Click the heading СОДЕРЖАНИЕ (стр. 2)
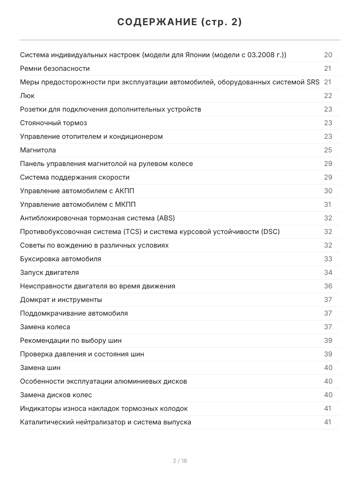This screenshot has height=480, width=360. pyautogui.click(x=180, y=22)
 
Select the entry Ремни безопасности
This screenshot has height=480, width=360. pyautogui.click(x=55, y=68)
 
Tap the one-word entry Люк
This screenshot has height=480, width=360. pyautogui.click(x=27, y=96)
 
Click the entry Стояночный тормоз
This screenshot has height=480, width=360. pyautogui.click(x=53, y=123)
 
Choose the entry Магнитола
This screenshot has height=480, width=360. pyautogui.click(x=38, y=150)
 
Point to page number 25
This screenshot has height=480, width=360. pyautogui.click(x=328, y=150)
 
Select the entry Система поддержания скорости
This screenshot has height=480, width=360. pyautogui.click(x=75, y=177)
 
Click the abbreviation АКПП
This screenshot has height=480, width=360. pyautogui.click(x=127, y=191)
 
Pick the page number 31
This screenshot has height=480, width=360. pyautogui.click(x=328, y=204)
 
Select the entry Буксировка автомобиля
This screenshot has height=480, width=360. pyautogui.click(x=60, y=259)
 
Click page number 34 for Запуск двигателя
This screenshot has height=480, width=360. pyautogui.click(x=328, y=272)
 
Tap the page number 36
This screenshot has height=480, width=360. pyautogui.click(x=328, y=286)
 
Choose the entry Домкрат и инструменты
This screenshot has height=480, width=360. pyautogui.click(x=61, y=300)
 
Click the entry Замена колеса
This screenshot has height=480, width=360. pyautogui.click(x=45, y=327)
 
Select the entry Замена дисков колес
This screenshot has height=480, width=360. pyautogui.click(x=56, y=395)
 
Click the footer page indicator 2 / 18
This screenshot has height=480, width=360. pyautogui.click(x=180, y=461)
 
